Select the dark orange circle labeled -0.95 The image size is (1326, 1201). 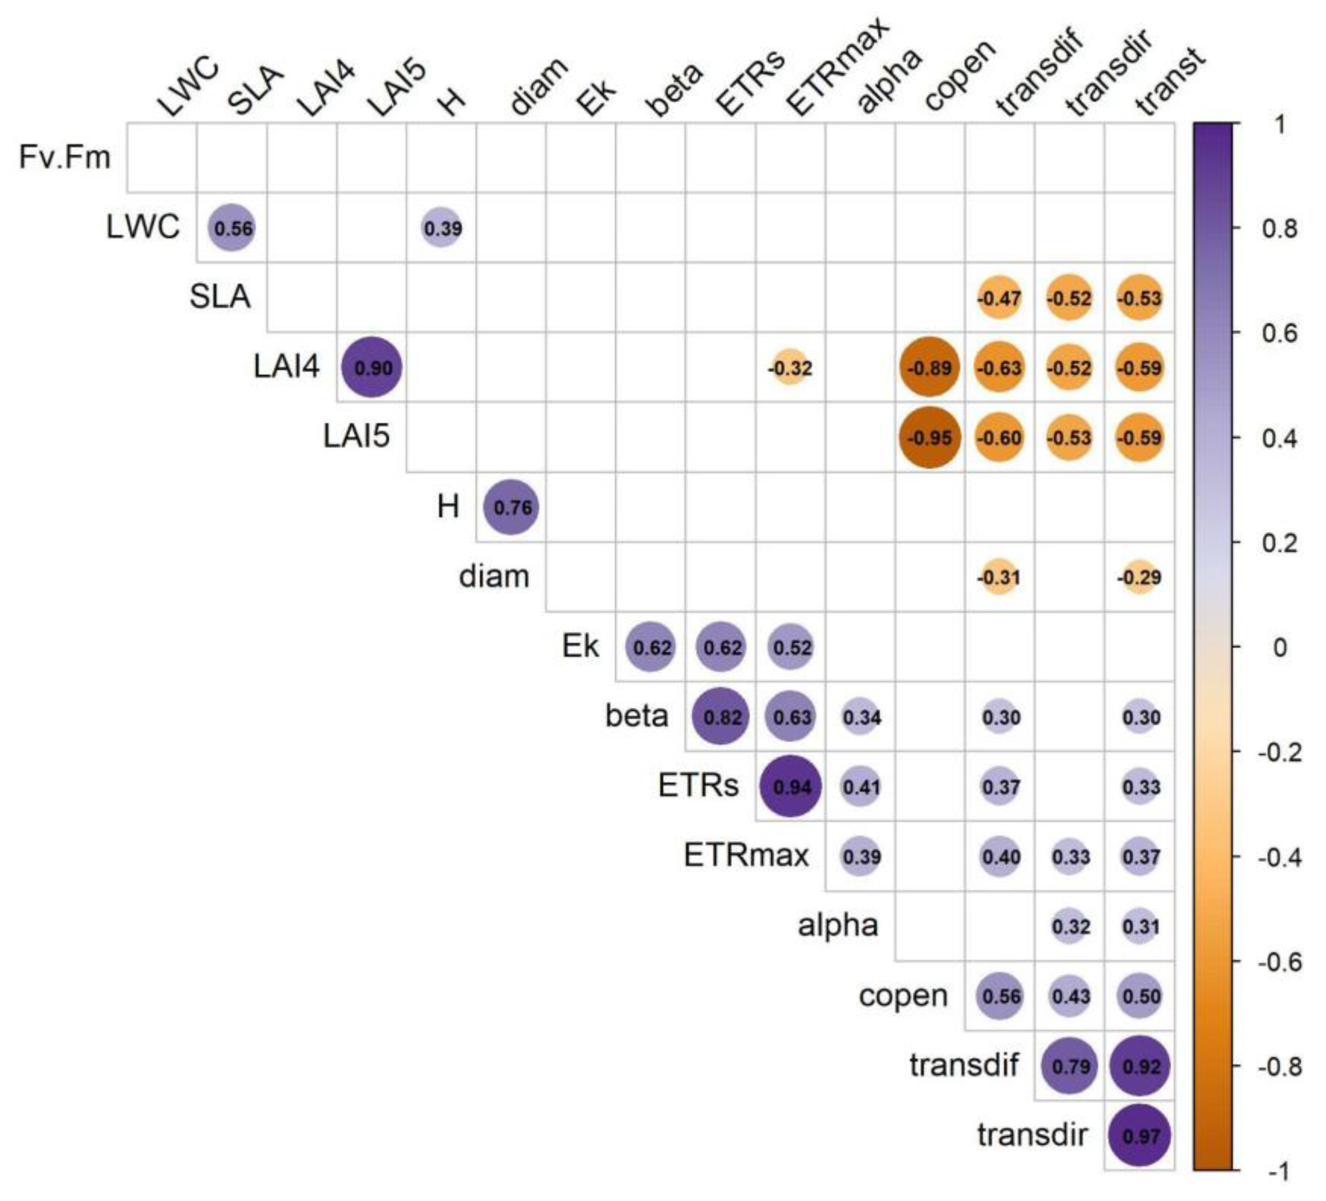(929, 437)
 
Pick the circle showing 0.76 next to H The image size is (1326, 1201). (511, 507)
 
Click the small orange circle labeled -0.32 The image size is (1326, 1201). (790, 368)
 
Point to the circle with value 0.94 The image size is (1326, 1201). (790, 787)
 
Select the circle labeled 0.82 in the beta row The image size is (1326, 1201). (721, 717)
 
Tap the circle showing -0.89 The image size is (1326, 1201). (929, 368)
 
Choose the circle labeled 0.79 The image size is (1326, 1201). (1070, 1066)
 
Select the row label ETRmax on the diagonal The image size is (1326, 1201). (746, 856)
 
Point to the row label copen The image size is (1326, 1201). (903, 996)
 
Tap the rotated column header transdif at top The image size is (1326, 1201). (1039, 72)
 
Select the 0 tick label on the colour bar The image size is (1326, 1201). (1279, 647)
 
